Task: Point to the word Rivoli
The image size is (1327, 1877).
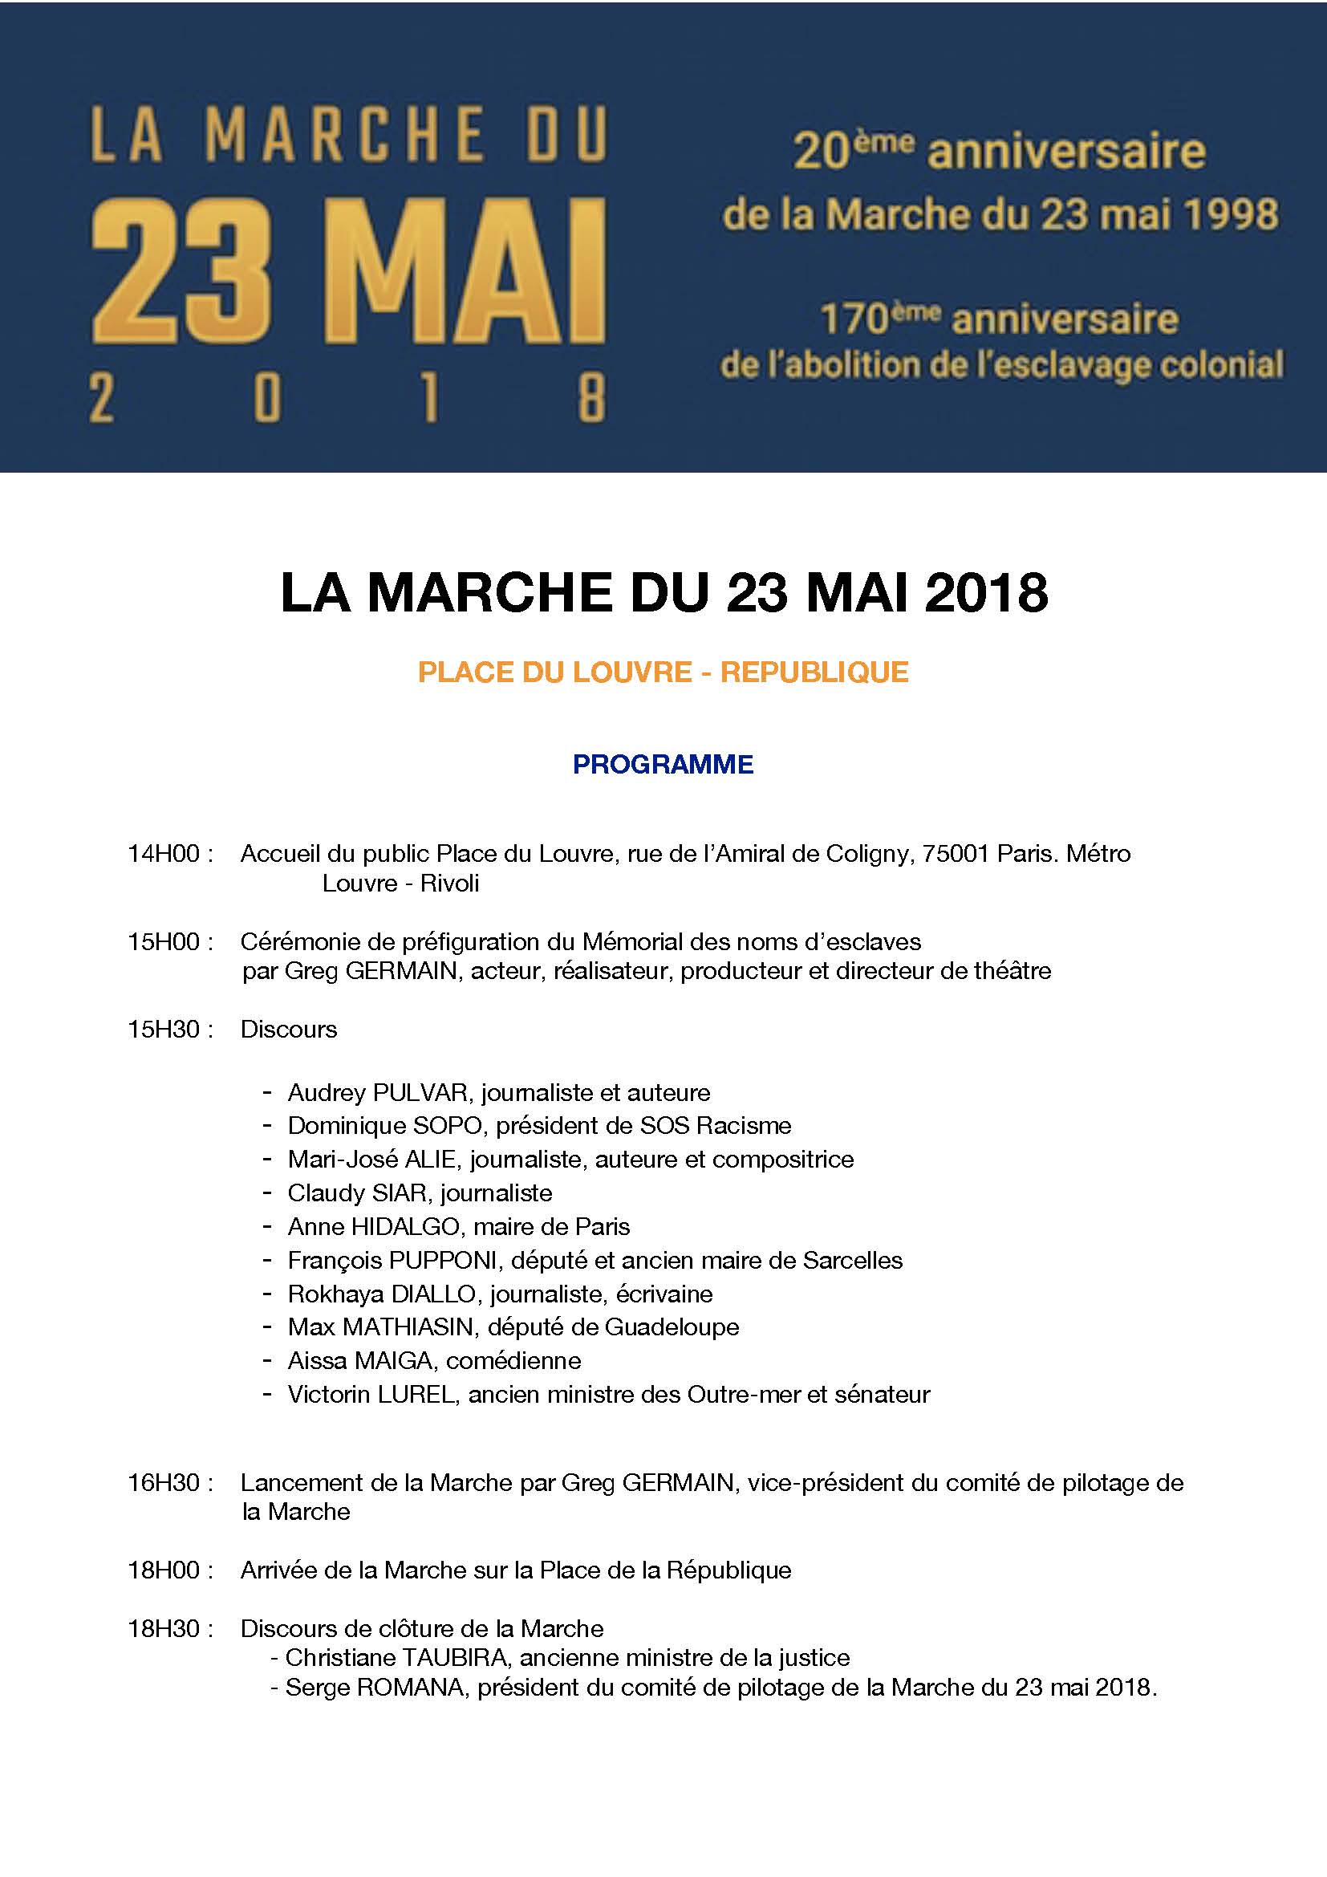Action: pos(449,883)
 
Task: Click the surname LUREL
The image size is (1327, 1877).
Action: pos(415,1394)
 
